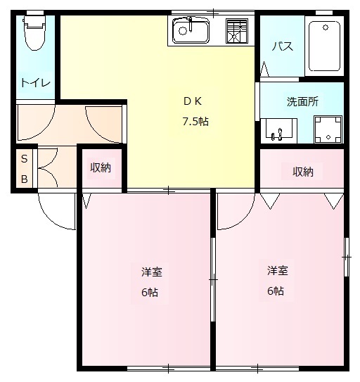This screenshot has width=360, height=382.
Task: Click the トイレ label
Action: (x=36, y=83)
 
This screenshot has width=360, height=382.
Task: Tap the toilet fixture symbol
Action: (x=34, y=33)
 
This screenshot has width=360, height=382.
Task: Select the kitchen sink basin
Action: (x=191, y=31)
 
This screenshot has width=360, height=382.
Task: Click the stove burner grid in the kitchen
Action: (x=236, y=31)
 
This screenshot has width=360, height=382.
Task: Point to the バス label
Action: (x=283, y=46)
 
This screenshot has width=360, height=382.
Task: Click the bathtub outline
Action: (x=324, y=46)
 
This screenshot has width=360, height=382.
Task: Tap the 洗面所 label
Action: (x=302, y=101)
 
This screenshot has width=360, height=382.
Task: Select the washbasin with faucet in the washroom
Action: (x=278, y=131)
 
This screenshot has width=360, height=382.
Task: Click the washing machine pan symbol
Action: (x=328, y=129)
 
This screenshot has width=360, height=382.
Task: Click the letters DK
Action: (x=193, y=101)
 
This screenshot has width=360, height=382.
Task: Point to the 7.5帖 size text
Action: (x=195, y=121)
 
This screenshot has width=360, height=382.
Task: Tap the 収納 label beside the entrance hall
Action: (x=101, y=168)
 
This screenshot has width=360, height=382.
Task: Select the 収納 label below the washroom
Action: (x=303, y=172)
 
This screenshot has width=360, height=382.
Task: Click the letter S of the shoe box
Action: (x=25, y=159)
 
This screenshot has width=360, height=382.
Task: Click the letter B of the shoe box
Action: (x=25, y=179)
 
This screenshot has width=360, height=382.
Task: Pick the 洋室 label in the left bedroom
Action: (x=152, y=272)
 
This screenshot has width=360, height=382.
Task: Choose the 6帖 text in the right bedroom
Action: (x=276, y=291)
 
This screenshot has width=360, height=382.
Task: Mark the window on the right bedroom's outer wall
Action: (x=347, y=257)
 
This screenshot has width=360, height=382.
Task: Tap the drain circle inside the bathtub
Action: (x=326, y=27)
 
